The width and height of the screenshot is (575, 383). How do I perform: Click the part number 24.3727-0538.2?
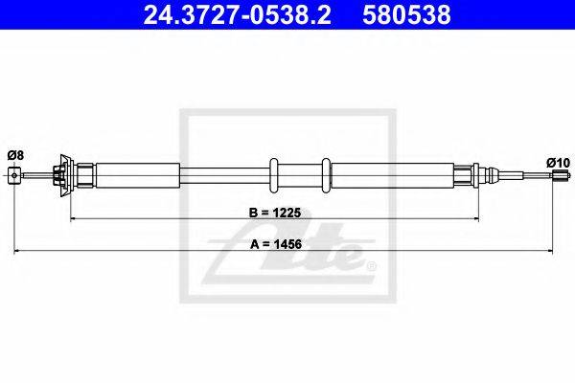click(237, 14)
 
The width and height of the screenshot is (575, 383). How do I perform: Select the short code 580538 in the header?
click(406, 14)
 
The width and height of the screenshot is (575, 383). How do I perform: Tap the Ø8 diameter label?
click(15, 155)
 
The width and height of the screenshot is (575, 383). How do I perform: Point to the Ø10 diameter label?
click(558, 163)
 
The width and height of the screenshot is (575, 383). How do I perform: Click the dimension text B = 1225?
click(275, 213)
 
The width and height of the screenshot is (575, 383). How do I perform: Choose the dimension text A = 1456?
click(276, 244)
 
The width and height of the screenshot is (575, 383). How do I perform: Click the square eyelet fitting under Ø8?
click(14, 175)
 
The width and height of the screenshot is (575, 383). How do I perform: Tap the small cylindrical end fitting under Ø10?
click(557, 175)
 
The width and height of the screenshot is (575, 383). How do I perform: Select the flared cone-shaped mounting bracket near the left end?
click(65, 175)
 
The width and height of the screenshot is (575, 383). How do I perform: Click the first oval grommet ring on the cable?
click(274, 175)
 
